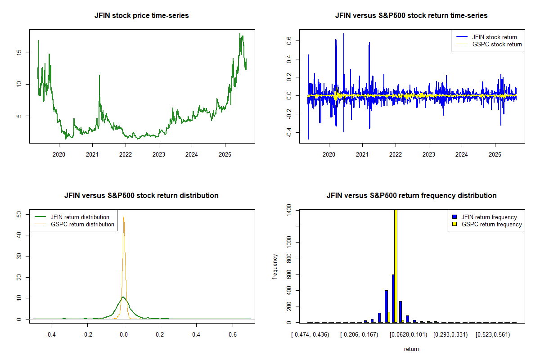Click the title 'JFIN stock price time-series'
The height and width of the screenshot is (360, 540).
(x=141, y=16)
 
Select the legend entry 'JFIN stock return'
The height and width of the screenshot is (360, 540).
(x=494, y=37)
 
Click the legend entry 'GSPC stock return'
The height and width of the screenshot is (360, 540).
(x=497, y=44)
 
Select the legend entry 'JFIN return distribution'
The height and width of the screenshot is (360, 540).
(x=80, y=217)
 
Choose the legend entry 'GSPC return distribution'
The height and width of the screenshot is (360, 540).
(x=82, y=224)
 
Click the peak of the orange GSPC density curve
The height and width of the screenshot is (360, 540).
(x=124, y=216)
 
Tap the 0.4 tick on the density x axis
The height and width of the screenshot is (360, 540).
(x=196, y=335)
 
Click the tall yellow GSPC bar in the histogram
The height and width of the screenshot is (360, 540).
(x=396, y=265)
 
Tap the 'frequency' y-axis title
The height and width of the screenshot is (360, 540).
(x=275, y=266)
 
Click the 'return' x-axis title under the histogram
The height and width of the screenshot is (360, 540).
(x=411, y=349)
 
